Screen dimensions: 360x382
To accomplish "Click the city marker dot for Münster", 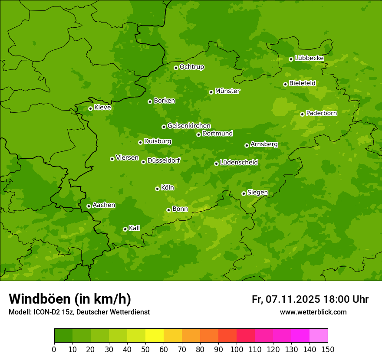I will pyautogui.click(x=211, y=92).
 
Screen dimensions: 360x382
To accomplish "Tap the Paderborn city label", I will pyautogui.click(x=321, y=113).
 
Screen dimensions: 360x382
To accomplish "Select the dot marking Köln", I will pyautogui.click(x=157, y=189).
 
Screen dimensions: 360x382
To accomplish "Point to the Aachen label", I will pyautogui.click(x=104, y=205).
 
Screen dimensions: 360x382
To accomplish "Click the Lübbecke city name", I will pyautogui.click(x=309, y=58).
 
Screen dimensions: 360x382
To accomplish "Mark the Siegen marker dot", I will pyautogui.click(x=244, y=193).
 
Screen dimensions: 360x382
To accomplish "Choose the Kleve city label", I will pyautogui.click(x=102, y=108).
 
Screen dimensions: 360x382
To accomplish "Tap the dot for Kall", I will pyautogui.click(x=125, y=229).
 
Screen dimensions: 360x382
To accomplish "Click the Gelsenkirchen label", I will pyautogui.click(x=189, y=126).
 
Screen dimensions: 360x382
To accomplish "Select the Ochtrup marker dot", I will pyautogui.click(x=176, y=68).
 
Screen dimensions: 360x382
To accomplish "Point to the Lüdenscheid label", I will pyautogui.click(x=239, y=163).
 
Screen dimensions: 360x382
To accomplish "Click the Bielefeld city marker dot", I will pyautogui.click(x=285, y=84).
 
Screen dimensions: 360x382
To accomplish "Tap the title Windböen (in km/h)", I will pyautogui.click(x=70, y=299).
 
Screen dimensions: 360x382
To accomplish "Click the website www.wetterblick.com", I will pyautogui.click(x=313, y=312).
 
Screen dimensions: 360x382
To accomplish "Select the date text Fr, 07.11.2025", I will pyautogui.click(x=286, y=299).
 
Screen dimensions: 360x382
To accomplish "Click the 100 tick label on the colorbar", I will pyautogui.click(x=237, y=349).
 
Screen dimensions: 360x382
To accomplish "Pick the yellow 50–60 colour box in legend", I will pyautogui.click(x=155, y=336).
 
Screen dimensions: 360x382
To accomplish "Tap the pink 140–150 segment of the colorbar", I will pyautogui.click(x=319, y=336).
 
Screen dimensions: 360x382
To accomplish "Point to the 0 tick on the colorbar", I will pyautogui.click(x=54, y=349).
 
